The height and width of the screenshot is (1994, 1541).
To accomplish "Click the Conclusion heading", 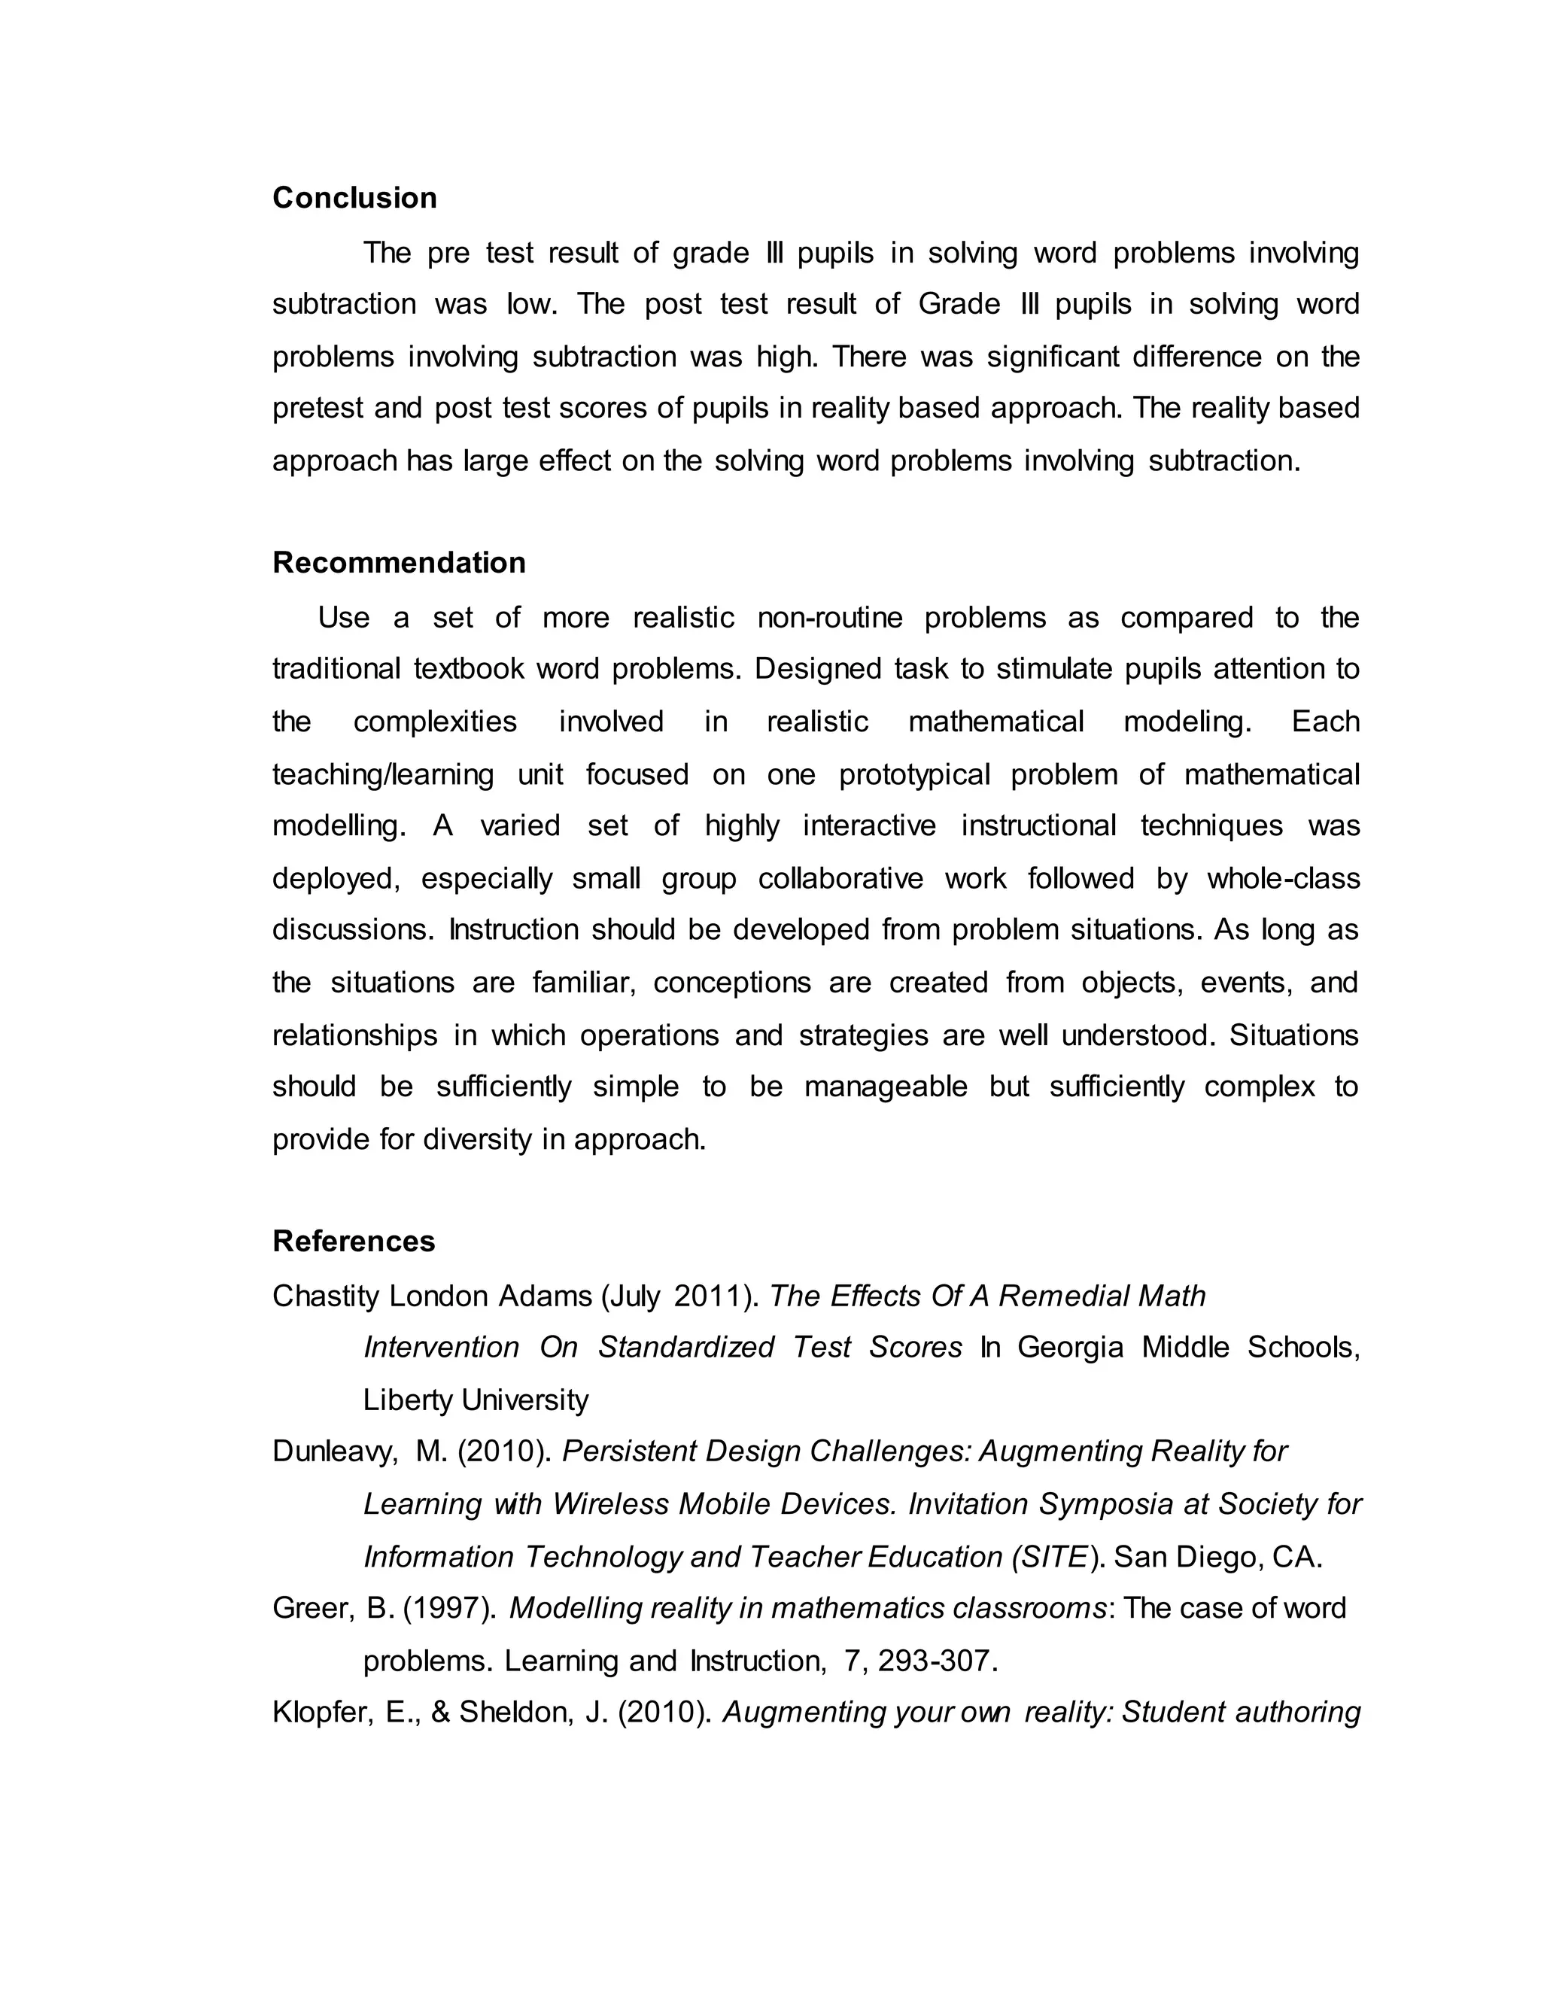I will (354, 198).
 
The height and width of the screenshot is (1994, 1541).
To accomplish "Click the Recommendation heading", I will (399, 562).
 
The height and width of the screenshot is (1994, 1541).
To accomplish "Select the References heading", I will (354, 1241).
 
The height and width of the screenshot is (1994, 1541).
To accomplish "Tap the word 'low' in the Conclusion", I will (530, 304).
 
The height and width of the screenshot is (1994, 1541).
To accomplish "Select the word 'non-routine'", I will (829, 618).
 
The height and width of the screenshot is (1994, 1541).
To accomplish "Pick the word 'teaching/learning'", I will (382, 774).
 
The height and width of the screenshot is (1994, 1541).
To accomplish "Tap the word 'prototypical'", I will (913, 774).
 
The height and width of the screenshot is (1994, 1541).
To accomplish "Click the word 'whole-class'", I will (1283, 878).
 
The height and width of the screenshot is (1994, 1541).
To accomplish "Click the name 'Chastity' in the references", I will (325, 1296).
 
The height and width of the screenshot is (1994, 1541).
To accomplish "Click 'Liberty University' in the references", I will (476, 1400).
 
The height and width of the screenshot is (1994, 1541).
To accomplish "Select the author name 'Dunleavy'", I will (334, 1451).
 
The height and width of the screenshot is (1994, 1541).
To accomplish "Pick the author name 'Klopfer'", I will (321, 1712).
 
